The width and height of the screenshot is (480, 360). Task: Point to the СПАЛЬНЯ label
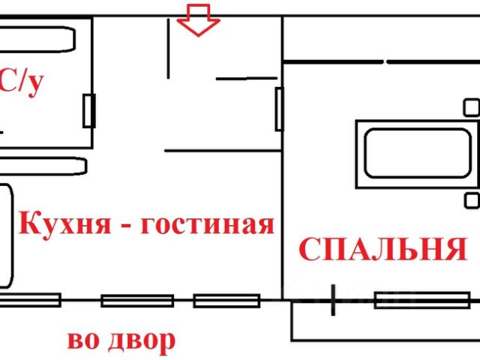tap(382, 248)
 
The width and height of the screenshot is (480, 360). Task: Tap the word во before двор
tap(83, 341)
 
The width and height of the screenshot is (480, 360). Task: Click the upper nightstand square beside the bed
tap(471, 107)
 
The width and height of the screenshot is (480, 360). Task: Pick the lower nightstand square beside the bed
tap(471, 200)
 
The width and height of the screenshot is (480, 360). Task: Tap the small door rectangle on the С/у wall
tap(88, 112)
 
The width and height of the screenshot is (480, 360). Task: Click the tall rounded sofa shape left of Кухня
tap(6, 236)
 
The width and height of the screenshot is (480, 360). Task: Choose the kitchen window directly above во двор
tap(136, 301)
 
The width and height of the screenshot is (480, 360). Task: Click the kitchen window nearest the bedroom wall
tap(216, 301)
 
